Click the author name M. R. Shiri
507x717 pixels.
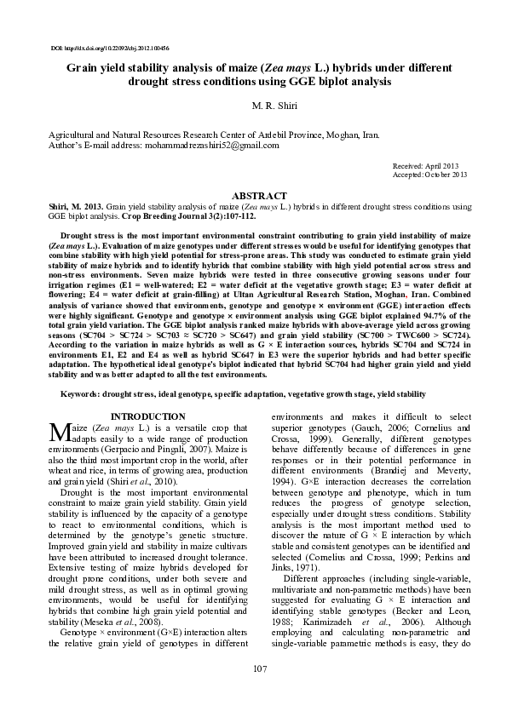tap(253, 106)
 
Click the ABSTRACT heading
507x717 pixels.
tap(253, 195)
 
